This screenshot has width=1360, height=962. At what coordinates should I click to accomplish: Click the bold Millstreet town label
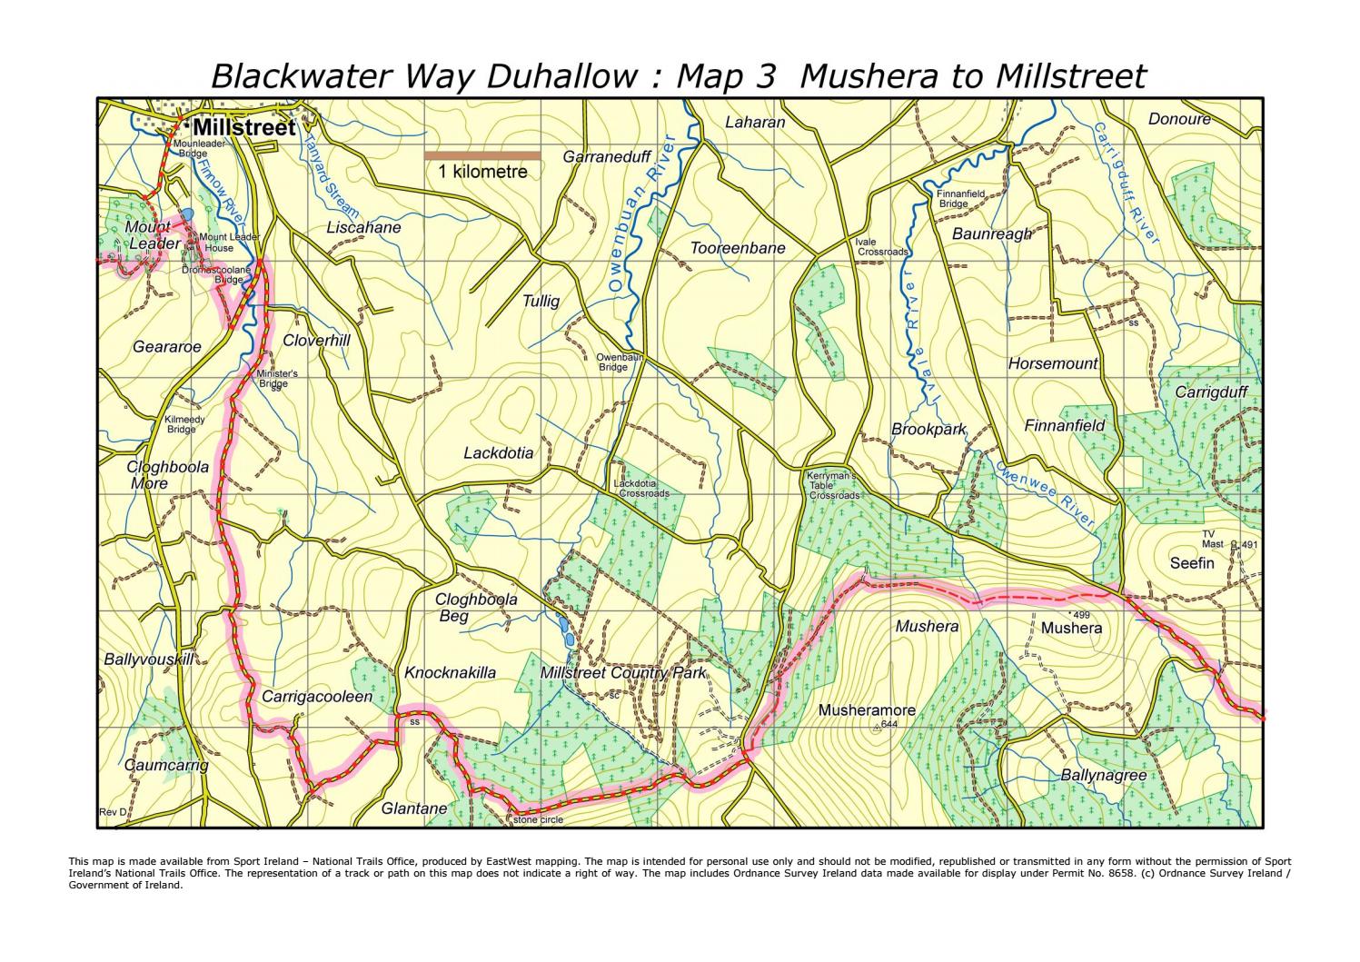tap(243, 128)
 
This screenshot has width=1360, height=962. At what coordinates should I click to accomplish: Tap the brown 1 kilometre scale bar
tap(482, 155)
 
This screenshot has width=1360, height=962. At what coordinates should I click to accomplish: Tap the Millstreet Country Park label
tap(623, 674)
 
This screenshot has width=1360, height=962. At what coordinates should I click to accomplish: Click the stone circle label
tap(538, 819)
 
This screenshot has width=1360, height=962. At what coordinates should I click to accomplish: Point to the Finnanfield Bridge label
tap(960, 199)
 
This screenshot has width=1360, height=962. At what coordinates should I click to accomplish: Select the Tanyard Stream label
tap(317, 163)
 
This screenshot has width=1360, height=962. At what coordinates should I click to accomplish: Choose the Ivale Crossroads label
tap(880, 247)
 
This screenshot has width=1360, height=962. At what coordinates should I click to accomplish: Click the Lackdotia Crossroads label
tap(641, 489)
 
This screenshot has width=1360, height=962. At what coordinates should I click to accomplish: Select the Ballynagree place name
tap(1103, 776)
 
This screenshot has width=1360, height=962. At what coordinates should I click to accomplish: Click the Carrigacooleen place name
tap(317, 697)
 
